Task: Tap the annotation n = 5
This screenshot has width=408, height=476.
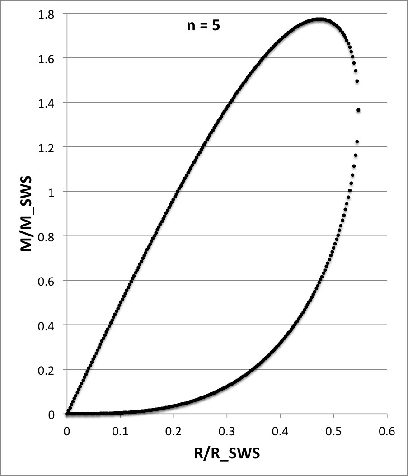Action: coord(204,25)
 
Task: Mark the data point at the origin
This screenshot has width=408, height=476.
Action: coord(67,414)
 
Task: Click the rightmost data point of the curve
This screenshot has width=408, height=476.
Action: coord(358,110)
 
